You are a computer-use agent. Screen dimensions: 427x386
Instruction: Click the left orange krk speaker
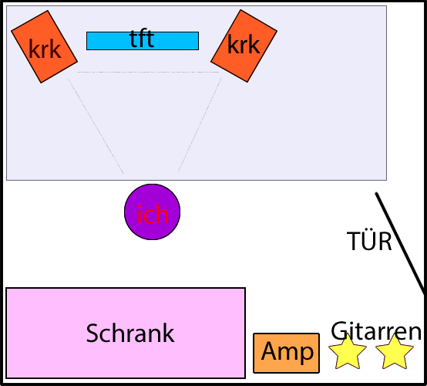coord(45,46)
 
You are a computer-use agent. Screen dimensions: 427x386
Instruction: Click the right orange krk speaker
coord(244,46)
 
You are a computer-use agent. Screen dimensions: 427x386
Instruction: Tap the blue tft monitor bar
coord(143,41)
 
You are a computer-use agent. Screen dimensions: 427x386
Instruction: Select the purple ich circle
coord(153,212)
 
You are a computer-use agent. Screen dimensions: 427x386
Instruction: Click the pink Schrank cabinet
coord(126,333)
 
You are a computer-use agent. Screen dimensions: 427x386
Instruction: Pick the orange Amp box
coord(286,353)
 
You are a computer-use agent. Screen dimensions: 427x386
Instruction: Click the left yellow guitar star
coord(348,353)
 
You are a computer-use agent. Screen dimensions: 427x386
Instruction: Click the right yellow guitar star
coord(395,353)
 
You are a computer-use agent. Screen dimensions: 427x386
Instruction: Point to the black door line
coord(400,243)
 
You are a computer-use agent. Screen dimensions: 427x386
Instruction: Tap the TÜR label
coord(369,241)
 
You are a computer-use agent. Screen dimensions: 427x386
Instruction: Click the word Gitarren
coord(376,331)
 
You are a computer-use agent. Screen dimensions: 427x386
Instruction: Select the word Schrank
coord(130,333)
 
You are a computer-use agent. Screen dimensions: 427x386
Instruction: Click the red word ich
coord(153,215)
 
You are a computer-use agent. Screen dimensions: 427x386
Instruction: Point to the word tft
coord(142,39)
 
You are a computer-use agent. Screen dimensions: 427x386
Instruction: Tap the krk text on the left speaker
coord(45,49)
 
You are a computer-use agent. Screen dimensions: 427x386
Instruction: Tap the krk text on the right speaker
coord(244,45)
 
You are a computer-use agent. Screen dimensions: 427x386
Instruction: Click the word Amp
coord(287,352)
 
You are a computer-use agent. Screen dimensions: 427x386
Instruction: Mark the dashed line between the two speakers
coord(147,73)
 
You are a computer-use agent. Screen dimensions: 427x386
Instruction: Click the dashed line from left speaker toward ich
coord(96,127)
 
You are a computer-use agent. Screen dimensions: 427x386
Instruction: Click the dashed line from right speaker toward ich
coord(200,125)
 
